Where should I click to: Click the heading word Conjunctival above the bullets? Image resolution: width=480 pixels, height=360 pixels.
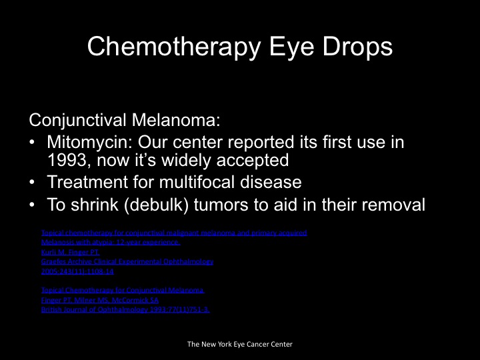tap(77, 121)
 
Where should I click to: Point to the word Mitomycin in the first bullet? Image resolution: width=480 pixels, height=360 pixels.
tap(84, 142)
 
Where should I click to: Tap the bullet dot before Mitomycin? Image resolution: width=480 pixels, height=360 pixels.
tap(33, 143)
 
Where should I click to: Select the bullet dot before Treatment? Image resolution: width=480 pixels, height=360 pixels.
tap(33, 182)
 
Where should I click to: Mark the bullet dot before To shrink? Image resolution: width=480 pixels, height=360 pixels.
tap(33, 204)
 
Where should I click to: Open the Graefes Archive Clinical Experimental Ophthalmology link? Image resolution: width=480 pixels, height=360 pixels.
tap(127, 262)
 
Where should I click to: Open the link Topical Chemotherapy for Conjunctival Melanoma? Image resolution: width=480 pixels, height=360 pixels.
tap(123, 291)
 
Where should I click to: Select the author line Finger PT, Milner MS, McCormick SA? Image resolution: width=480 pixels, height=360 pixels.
tap(99, 301)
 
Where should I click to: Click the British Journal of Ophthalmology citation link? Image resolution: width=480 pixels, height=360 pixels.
tap(125, 310)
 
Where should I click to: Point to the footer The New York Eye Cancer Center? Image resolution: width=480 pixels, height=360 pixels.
tap(239, 344)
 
